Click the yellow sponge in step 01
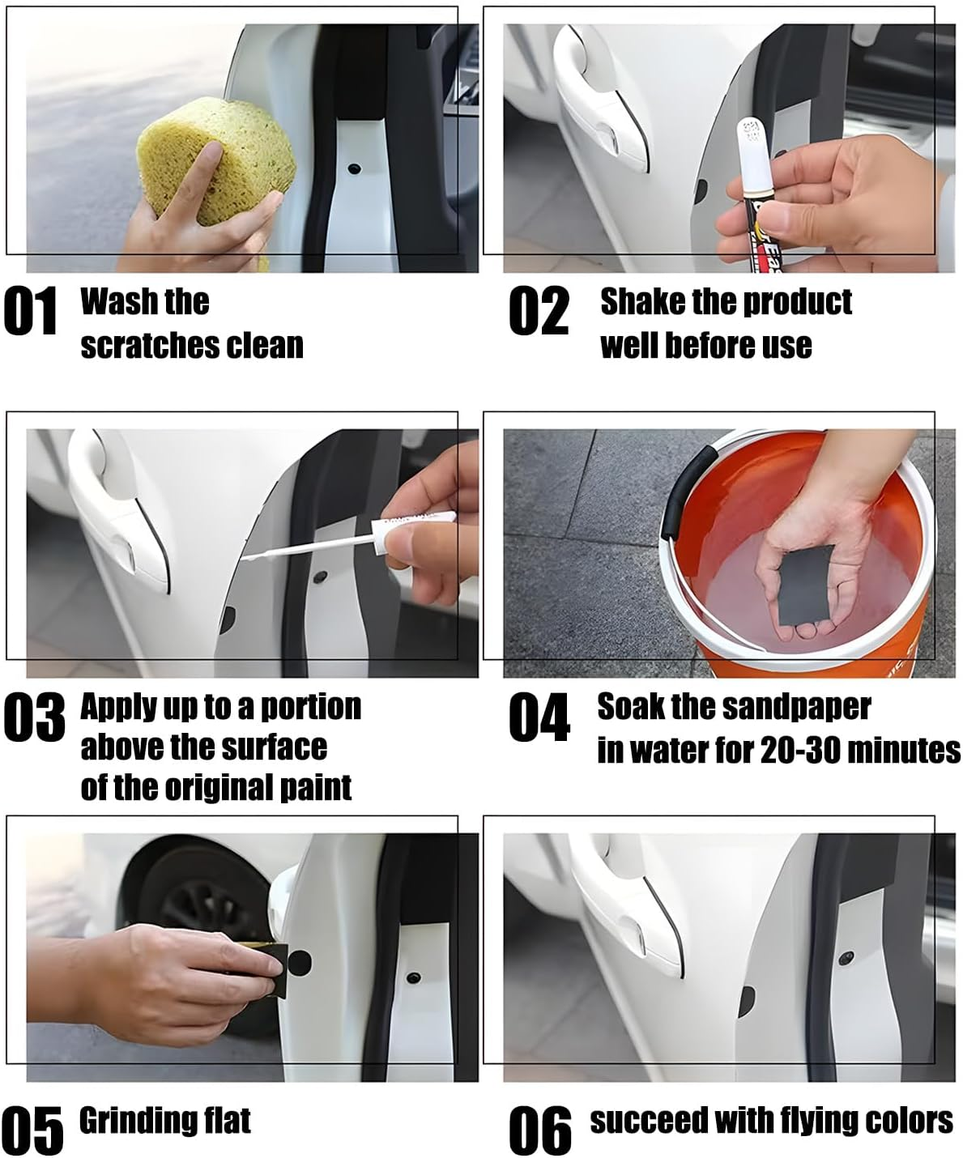click(216, 161)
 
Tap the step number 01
click(31, 311)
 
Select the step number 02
click(539, 311)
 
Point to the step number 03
click(34, 717)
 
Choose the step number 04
click(539, 717)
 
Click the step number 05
click(33, 1130)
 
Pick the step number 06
click(539, 1130)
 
